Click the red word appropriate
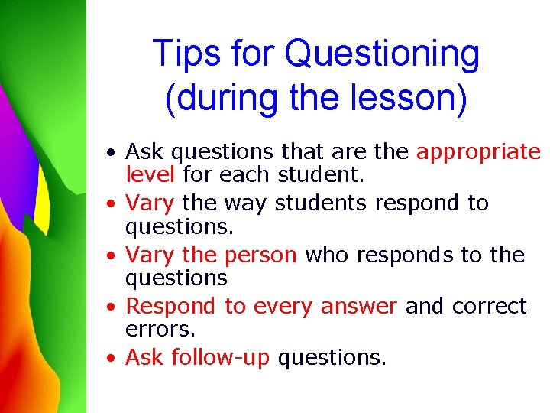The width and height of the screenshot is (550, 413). [x=478, y=153]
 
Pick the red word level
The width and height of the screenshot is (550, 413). [x=150, y=174]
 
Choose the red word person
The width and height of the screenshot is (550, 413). [x=260, y=255]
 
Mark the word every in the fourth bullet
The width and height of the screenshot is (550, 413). [x=284, y=307]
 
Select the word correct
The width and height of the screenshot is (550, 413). [x=490, y=307]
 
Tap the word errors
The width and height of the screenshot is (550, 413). [x=160, y=329]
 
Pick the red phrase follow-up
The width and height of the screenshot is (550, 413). [x=221, y=357]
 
